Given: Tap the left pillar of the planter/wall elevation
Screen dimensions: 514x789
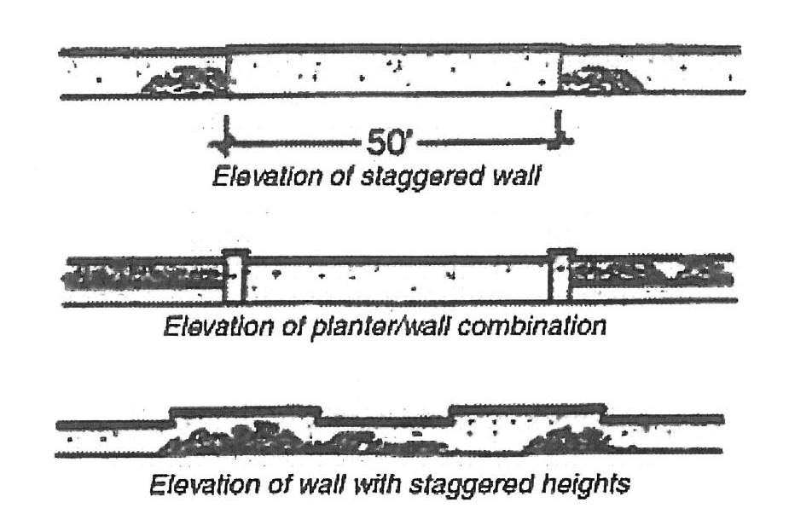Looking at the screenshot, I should (235, 275).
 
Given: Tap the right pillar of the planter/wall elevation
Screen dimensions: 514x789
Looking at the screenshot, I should (560, 275).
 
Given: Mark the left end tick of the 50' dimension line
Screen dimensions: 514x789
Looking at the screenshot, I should (225, 136).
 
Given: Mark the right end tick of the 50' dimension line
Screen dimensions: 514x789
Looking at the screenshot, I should (559, 136).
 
